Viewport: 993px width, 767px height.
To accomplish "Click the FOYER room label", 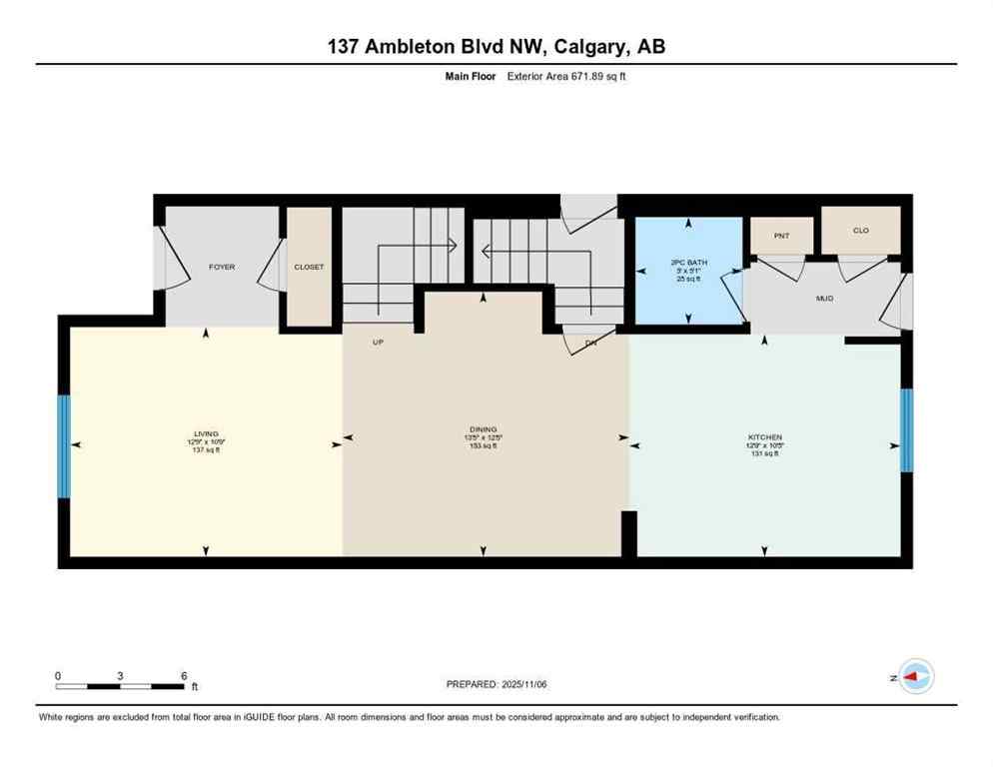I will (221, 267).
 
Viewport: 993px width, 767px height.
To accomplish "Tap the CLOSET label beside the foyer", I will (309, 267).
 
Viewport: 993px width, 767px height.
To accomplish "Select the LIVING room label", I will (207, 433).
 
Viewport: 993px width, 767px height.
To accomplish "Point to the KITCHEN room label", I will (765, 436).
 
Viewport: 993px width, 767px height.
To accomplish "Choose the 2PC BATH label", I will (688, 264).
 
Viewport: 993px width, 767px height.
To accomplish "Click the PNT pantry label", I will (781, 235).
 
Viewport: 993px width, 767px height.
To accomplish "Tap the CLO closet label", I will (860, 230).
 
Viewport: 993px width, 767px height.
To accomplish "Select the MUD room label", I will (824, 298).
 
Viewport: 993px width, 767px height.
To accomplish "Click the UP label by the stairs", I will (379, 342).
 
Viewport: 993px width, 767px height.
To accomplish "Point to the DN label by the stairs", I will (589, 342).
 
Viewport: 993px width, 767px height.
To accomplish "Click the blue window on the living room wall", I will (64, 446).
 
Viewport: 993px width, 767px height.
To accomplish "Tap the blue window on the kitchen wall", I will (906, 429).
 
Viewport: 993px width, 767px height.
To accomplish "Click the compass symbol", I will (915, 676).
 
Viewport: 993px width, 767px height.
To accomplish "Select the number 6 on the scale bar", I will (184, 675).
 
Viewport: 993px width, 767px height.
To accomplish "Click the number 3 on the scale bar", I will (120, 675).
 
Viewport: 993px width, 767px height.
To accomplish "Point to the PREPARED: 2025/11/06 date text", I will (496, 684).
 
